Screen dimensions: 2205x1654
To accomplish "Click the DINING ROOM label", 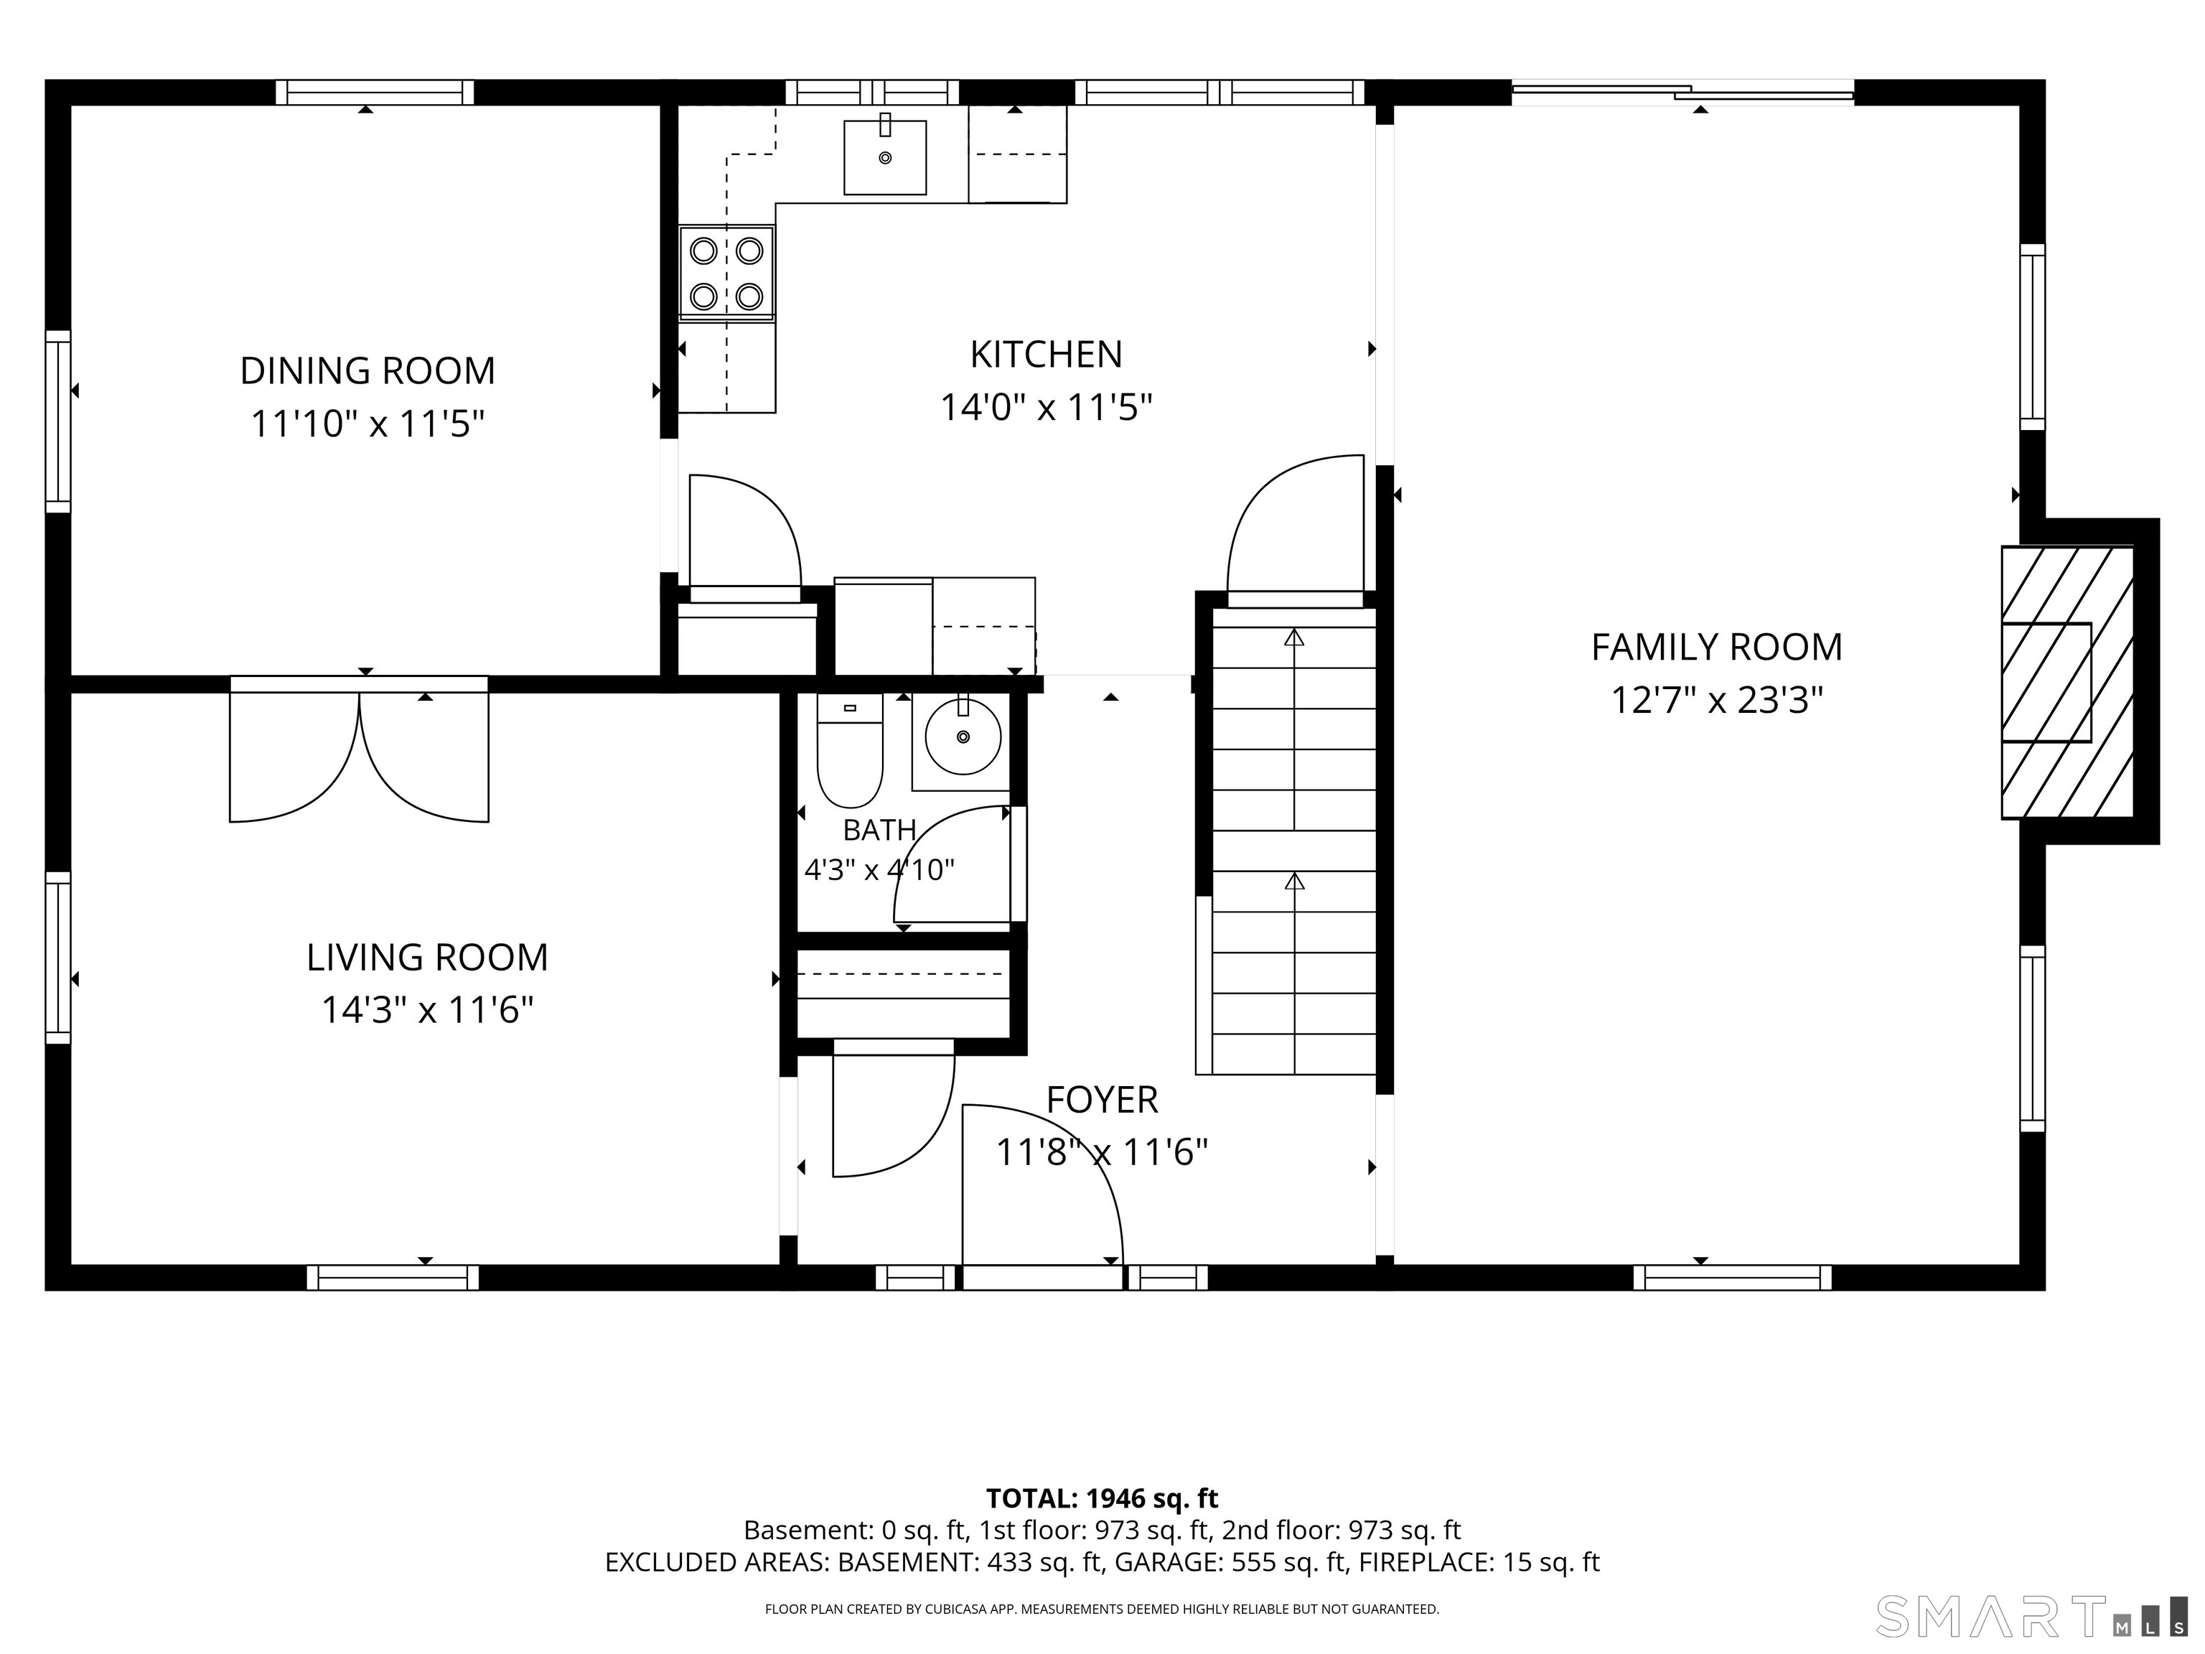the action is click(367, 371).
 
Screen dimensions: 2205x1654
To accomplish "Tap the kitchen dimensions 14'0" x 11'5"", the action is click(1047, 408).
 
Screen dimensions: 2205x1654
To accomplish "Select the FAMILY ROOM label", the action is click(1716, 647).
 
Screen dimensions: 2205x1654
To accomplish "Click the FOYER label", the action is click(1102, 1100).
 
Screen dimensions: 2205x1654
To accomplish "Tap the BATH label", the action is click(879, 829).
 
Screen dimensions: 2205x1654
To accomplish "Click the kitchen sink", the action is click(885, 157).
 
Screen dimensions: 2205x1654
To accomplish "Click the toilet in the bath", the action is click(849, 749).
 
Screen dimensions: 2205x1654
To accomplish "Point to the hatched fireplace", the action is click(2067, 682).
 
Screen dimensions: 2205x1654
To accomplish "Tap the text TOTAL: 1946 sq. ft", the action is click(1102, 1498).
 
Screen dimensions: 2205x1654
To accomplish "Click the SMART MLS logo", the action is click(2031, 1616).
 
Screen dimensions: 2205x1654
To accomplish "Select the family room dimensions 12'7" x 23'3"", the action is click(1716, 701).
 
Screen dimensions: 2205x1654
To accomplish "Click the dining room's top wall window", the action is click(375, 93).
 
